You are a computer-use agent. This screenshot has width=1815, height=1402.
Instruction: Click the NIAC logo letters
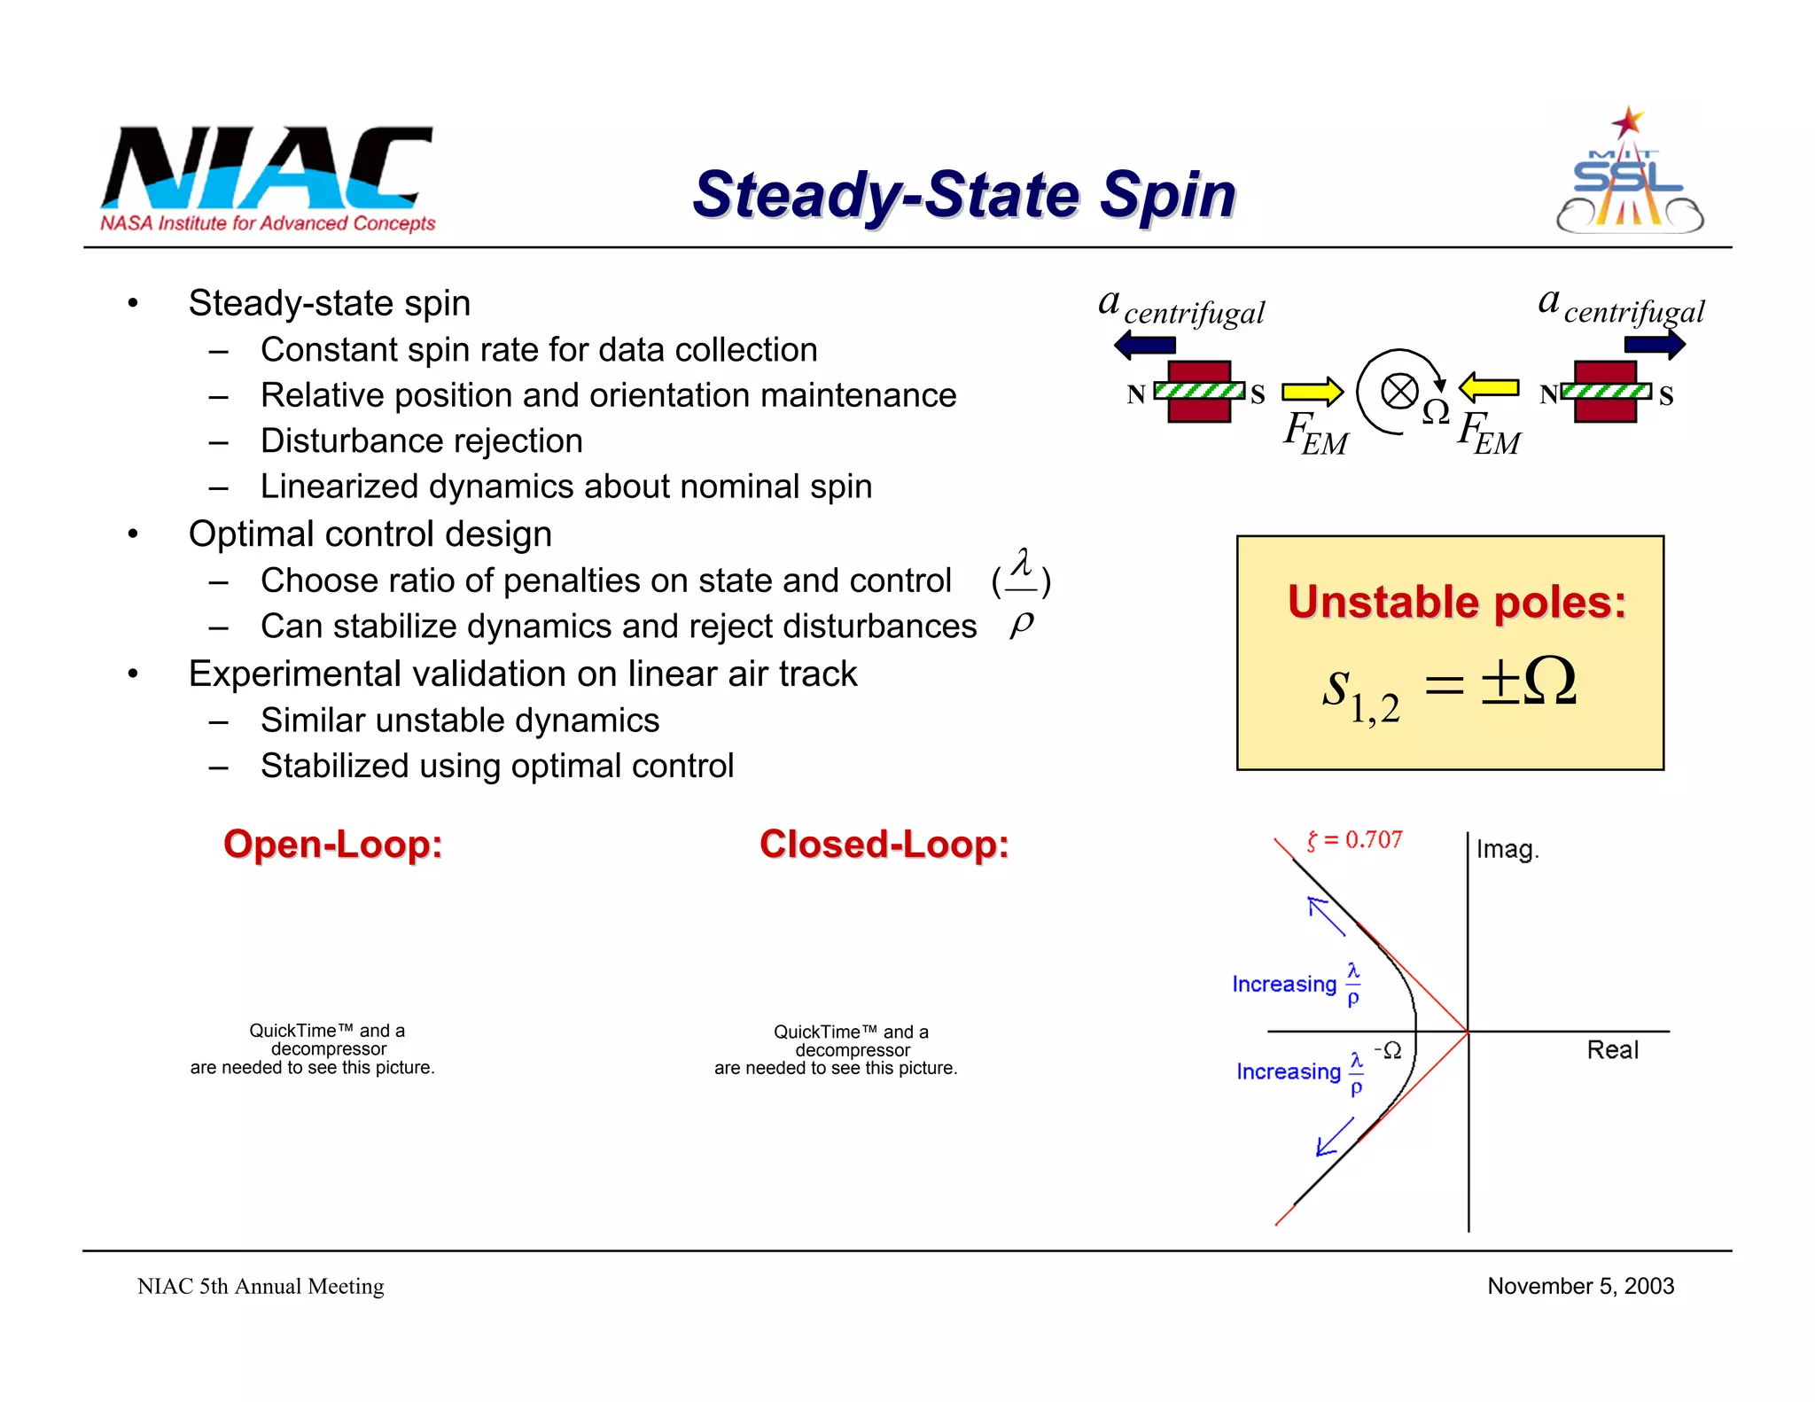click(x=266, y=168)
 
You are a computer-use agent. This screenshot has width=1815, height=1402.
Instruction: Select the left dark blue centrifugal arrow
click(x=1145, y=345)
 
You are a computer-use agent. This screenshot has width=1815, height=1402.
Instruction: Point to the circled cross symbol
click(x=1399, y=391)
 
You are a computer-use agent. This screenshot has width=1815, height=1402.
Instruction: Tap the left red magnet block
click(x=1199, y=391)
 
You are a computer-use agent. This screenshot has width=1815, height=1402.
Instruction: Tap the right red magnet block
click(x=1605, y=391)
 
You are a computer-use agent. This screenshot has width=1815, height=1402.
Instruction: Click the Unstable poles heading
click(x=1457, y=603)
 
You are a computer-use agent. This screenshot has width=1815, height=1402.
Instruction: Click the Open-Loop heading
click(x=332, y=844)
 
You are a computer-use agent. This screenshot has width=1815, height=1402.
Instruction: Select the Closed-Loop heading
click(x=884, y=844)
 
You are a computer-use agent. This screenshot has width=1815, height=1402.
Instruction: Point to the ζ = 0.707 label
click(x=1355, y=839)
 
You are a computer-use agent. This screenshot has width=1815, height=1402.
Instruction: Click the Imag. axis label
click(x=1507, y=850)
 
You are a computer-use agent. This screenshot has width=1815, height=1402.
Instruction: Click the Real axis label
click(x=1612, y=1050)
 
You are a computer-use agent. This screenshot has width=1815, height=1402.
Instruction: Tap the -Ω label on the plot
click(x=1388, y=1050)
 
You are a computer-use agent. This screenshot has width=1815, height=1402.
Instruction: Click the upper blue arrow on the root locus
click(x=1326, y=915)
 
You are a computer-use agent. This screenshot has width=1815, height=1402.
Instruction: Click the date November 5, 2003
click(x=1580, y=1286)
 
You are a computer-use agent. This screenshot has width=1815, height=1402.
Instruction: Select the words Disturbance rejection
click(x=422, y=440)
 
